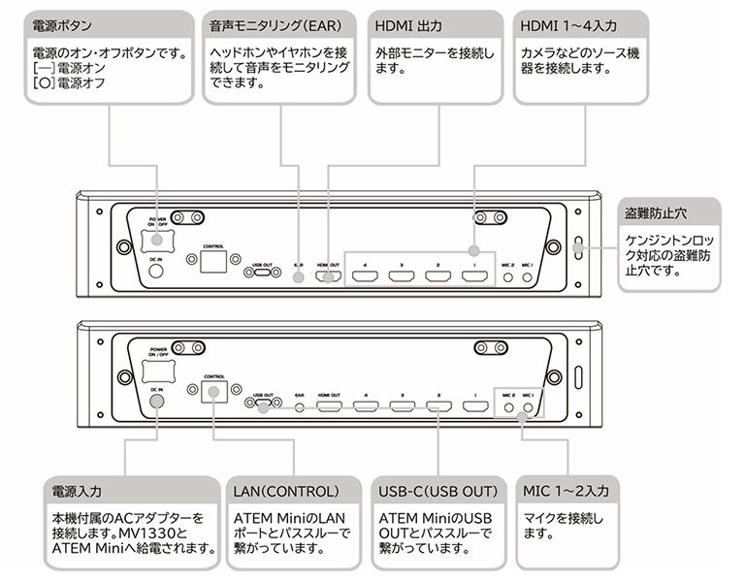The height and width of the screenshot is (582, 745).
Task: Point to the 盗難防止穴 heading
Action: click(x=656, y=212)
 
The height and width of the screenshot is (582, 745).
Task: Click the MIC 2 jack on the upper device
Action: click(x=508, y=276)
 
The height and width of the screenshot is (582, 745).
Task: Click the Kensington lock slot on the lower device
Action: click(x=581, y=377)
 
